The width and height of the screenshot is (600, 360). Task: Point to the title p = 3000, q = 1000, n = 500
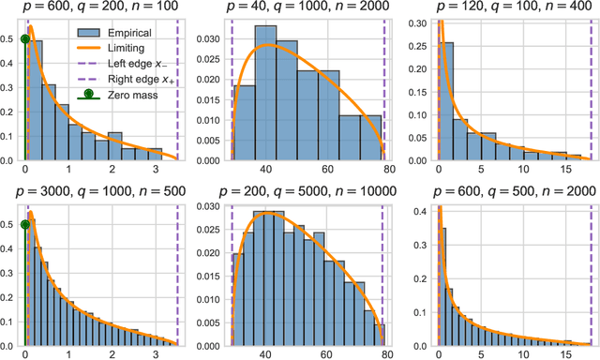pos(100,191)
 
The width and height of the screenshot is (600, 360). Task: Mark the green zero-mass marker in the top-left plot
pos(25,39)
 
